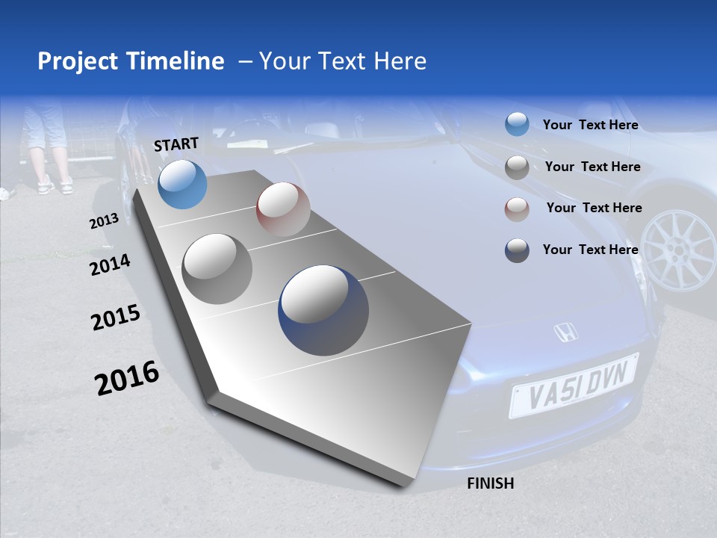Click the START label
(x=176, y=144)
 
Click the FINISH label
(x=490, y=483)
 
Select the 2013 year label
(x=104, y=221)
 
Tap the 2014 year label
(x=110, y=265)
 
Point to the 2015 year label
(x=116, y=318)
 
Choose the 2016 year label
(x=127, y=377)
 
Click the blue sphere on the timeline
(x=183, y=185)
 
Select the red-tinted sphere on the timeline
(x=283, y=209)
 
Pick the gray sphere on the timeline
(x=217, y=268)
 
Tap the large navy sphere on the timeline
(x=323, y=310)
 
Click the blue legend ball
(x=517, y=124)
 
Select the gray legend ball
(x=517, y=167)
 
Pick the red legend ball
(x=517, y=209)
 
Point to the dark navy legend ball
(x=517, y=250)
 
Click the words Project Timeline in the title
(x=131, y=61)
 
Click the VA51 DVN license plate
(x=574, y=385)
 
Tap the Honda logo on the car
(x=567, y=333)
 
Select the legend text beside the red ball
(x=594, y=208)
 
